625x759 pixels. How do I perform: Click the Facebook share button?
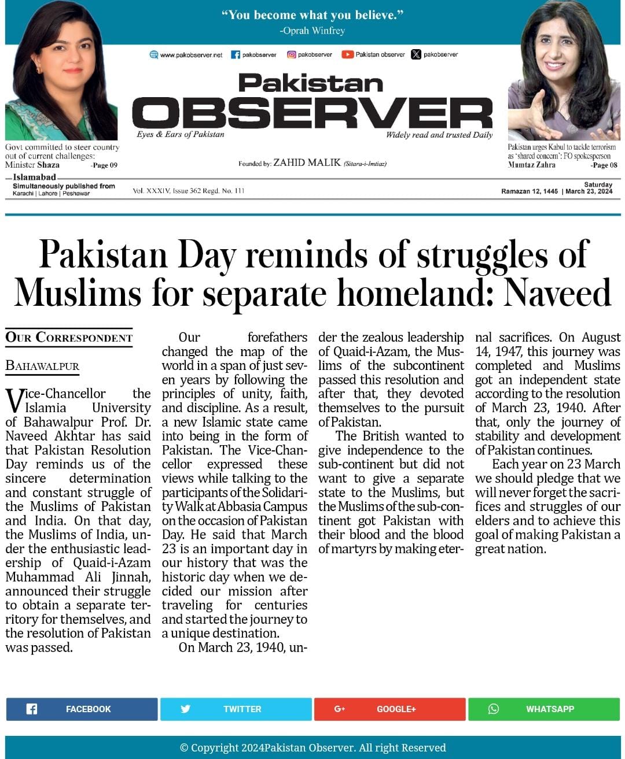pyautogui.click(x=82, y=709)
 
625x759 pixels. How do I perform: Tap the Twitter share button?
pyautogui.click(x=236, y=709)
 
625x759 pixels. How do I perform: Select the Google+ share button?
pyautogui.click(x=389, y=709)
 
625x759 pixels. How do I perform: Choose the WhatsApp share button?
pyautogui.click(x=543, y=709)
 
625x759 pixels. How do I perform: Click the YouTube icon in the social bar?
pyautogui.click(x=347, y=54)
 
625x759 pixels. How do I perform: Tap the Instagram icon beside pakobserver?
pyautogui.click(x=292, y=54)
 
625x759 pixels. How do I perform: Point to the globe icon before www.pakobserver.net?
pyautogui.click(x=154, y=54)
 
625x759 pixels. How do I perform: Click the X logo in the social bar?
pyautogui.click(x=416, y=54)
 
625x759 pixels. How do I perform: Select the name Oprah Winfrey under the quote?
pyautogui.click(x=312, y=31)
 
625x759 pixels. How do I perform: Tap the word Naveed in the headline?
pyautogui.click(x=557, y=293)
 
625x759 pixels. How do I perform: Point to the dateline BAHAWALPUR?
pyautogui.click(x=42, y=366)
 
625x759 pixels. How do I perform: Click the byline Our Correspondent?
pyautogui.click(x=69, y=337)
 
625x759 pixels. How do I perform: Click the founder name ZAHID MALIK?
pyautogui.click(x=307, y=163)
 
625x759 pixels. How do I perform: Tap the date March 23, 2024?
pyautogui.click(x=589, y=191)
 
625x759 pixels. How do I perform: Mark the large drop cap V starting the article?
pyautogui.click(x=14, y=400)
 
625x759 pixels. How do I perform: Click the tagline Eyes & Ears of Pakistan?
pyautogui.click(x=181, y=134)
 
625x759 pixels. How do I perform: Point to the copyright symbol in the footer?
pyautogui.click(x=184, y=748)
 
